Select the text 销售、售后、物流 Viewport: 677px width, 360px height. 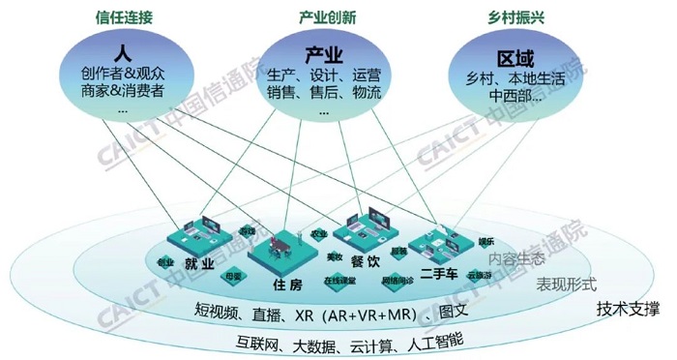click(x=323, y=93)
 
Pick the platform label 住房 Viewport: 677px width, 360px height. click(x=288, y=285)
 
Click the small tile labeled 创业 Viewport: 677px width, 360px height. click(x=166, y=262)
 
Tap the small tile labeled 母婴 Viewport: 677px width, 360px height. click(x=233, y=275)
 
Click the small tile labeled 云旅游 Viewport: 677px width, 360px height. click(x=480, y=274)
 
